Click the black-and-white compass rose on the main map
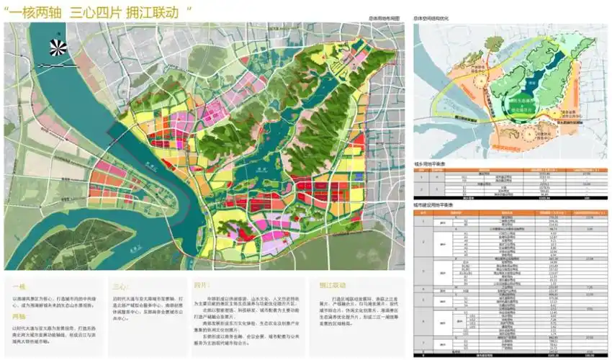pyautogui.click(x=58, y=48)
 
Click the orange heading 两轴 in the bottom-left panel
pyautogui.click(x=19, y=315)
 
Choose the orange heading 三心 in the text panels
pyautogui.click(x=121, y=284)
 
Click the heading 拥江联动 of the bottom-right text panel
pyautogui.click(x=330, y=284)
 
